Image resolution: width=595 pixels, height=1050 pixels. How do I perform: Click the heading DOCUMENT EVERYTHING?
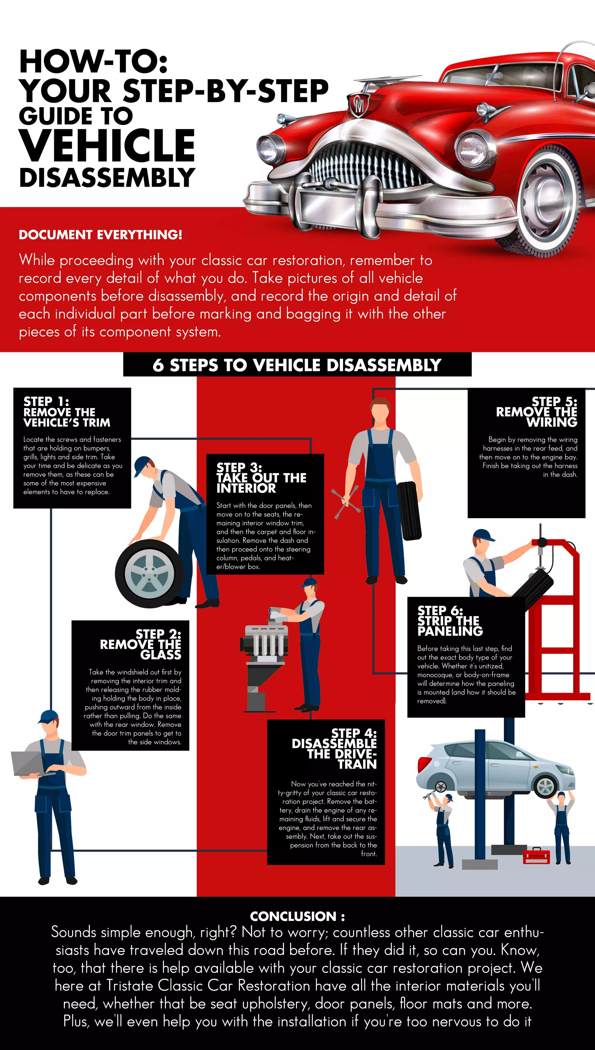tap(101, 235)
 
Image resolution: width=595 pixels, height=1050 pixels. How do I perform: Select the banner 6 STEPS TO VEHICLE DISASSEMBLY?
tap(297, 365)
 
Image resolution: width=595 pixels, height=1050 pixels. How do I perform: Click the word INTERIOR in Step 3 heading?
tap(246, 488)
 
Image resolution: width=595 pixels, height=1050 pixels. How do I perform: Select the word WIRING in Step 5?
tap(552, 422)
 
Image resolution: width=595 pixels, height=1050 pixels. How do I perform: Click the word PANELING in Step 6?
tap(450, 631)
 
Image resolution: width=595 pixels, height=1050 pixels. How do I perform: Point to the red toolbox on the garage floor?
tap(537, 856)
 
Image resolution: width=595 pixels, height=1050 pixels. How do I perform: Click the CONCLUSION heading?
tap(297, 916)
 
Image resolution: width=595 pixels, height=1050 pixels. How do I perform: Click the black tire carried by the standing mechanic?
tap(409, 511)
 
